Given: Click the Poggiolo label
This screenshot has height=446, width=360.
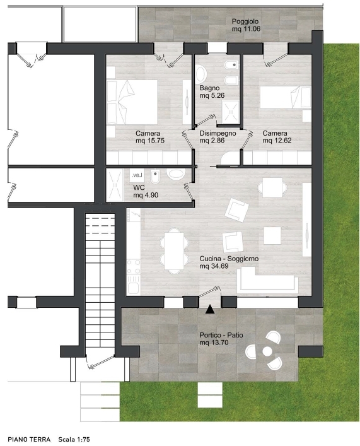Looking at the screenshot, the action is click(245, 21).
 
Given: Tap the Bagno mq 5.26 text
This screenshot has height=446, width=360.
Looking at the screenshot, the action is click(212, 91).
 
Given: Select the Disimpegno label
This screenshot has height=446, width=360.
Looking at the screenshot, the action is click(218, 133).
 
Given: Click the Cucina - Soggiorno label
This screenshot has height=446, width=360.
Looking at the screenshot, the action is click(229, 259).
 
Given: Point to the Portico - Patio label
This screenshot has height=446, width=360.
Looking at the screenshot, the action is click(221, 335).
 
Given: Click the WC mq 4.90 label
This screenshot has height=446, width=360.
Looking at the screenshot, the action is click(146, 191).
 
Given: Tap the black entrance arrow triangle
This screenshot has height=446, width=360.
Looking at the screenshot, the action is click(210, 309).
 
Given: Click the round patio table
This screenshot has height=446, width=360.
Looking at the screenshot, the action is click(267, 351).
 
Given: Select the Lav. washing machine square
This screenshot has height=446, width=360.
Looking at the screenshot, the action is click(137, 175).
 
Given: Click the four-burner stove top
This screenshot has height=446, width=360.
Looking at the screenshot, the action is click(134, 266).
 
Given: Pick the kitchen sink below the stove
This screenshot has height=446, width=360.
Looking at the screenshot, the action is click(134, 285).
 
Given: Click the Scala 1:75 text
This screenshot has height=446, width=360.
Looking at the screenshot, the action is click(74, 440).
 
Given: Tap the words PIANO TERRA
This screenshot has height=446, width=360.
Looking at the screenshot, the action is click(29, 440).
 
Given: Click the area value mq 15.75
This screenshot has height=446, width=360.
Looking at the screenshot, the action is click(150, 141).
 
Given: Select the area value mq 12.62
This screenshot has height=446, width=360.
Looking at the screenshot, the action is click(277, 141).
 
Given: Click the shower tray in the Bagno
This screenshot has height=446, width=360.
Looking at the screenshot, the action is click(230, 113).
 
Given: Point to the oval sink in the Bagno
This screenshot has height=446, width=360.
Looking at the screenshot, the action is click(201, 73).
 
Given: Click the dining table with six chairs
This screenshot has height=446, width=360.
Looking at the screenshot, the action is click(174, 251).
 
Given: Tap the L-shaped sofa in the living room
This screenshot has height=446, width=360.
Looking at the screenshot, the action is click(267, 281).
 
